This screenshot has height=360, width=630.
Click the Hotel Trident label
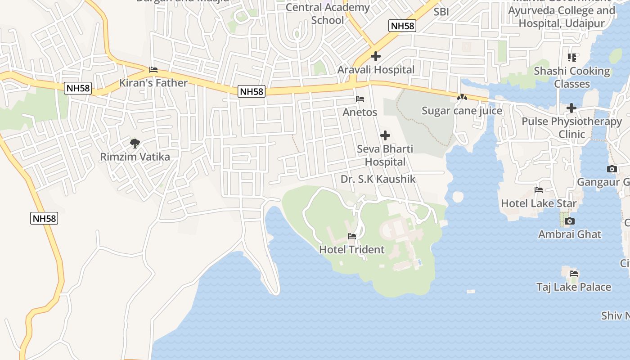click(352, 250)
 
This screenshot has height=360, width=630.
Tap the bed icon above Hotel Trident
click(352, 236)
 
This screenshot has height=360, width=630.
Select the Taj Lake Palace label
click(574, 287)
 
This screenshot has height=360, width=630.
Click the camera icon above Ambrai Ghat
click(570, 221)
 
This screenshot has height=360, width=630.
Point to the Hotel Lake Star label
click(539, 203)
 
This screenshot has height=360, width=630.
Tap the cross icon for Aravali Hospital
click(376, 56)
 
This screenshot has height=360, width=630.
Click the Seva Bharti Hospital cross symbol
click(385, 135)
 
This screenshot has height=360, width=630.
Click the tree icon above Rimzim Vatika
click(135, 144)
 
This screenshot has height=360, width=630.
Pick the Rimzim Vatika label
click(135, 157)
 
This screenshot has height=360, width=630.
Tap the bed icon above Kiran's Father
click(153, 70)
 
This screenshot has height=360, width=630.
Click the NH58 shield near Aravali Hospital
click(402, 26)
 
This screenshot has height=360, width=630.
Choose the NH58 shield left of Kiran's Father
click(78, 88)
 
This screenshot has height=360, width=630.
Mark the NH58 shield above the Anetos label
click(252, 92)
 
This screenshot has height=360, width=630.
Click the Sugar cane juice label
click(462, 111)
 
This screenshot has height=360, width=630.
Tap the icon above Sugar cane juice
click(462, 97)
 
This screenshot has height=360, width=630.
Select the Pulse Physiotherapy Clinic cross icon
click(571, 108)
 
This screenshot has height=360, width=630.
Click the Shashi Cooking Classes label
click(572, 77)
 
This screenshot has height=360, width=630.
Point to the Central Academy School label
click(328, 13)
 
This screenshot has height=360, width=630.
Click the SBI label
click(441, 12)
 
